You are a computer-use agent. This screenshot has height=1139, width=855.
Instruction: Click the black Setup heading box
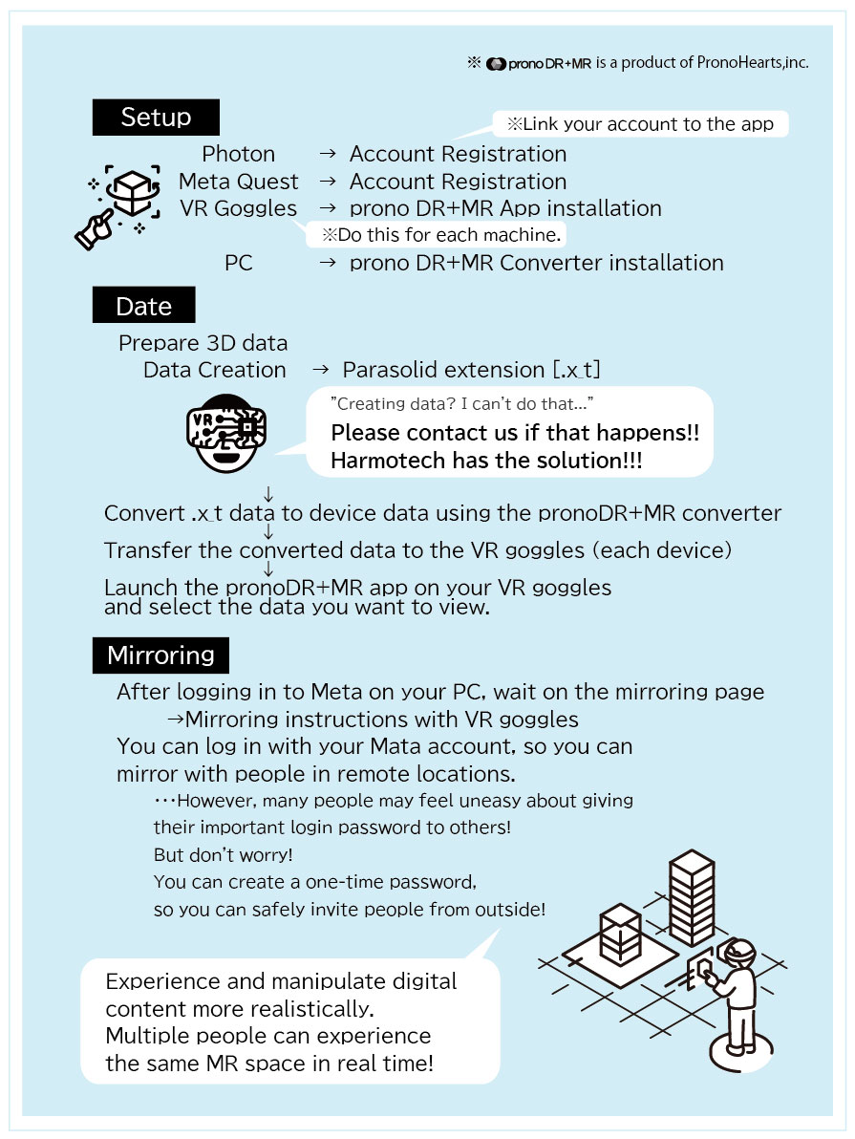156,118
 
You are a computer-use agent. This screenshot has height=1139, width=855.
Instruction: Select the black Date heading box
143,306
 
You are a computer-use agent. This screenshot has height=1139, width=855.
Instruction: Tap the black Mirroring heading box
160,655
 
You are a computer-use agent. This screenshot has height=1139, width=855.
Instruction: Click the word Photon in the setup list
238,154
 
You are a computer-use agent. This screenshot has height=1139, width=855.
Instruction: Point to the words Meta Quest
238,182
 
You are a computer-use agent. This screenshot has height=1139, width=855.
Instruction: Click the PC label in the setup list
238,263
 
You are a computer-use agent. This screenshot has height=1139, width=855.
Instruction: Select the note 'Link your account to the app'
639,124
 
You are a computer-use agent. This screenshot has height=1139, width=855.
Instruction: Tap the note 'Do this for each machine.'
440,235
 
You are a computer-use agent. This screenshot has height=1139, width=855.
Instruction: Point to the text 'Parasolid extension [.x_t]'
471,370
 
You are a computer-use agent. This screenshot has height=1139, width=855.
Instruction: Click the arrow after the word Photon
327,155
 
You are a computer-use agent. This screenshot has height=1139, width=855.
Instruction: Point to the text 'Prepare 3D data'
203,343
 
